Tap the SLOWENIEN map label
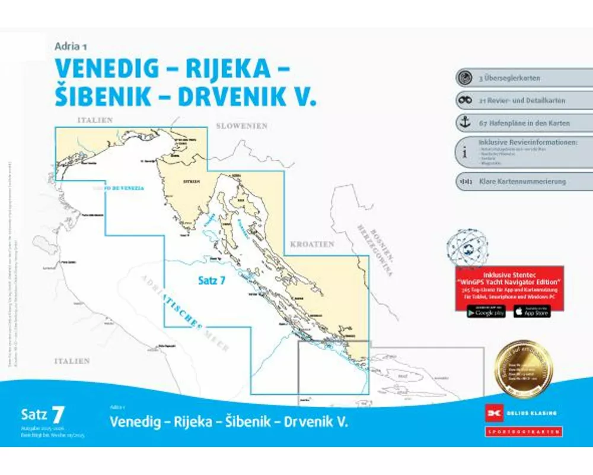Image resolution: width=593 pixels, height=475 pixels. [x=241, y=126]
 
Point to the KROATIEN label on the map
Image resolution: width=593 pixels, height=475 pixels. [x=312, y=244]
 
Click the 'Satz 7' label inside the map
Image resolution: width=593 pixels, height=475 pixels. [x=211, y=281]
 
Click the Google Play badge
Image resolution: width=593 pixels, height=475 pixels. [x=486, y=312]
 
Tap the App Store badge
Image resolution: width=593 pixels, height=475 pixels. [x=532, y=312]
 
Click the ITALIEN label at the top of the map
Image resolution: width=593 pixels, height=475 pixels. [x=95, y=121]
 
